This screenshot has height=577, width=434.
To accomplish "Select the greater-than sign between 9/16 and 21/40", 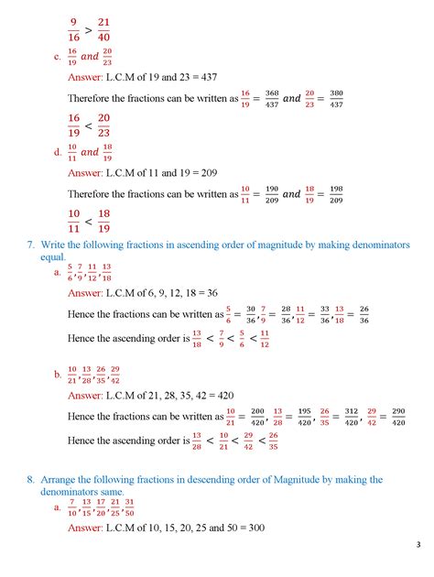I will tap(90, 30).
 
